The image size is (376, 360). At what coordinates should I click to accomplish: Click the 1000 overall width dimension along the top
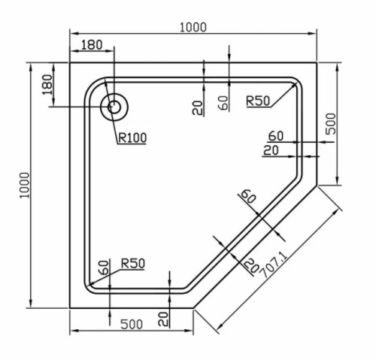pos(193,27)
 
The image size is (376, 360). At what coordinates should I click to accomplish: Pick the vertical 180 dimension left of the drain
pos(47,84)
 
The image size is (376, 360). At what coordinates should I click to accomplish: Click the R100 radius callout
pos(131,137)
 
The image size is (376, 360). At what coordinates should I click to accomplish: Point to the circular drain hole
pos(115,107)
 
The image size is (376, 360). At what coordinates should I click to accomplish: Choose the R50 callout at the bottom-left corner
pos(131,263)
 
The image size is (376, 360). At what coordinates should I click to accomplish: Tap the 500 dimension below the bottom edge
pos(132,324)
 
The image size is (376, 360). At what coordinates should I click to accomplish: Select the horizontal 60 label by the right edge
pos(276,136)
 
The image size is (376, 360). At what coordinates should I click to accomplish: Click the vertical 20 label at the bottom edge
pos(162,318)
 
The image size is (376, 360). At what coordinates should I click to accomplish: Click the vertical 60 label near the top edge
pos(223,103)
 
